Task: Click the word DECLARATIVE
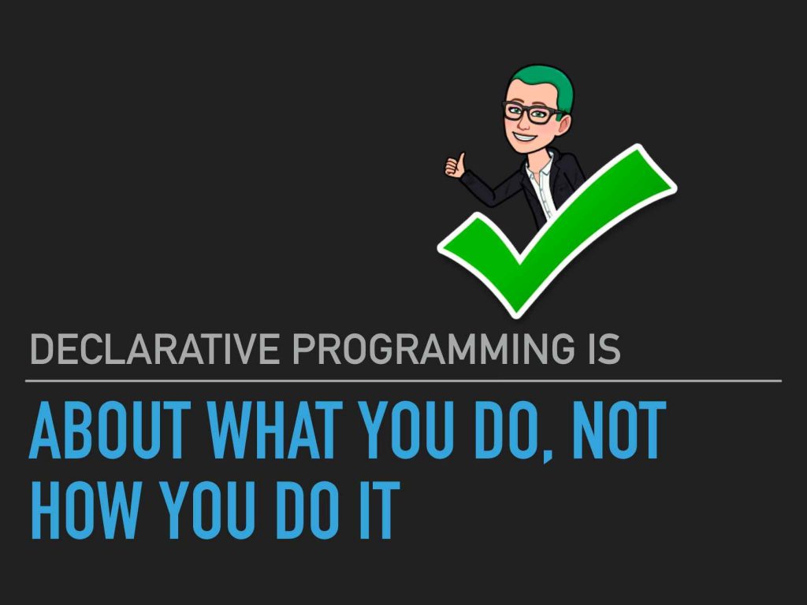155,349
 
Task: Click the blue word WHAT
275,430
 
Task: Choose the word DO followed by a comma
505,430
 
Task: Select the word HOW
85,510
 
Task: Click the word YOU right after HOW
208,510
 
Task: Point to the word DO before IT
307,510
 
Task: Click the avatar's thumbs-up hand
456,165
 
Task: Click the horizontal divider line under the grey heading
403,381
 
